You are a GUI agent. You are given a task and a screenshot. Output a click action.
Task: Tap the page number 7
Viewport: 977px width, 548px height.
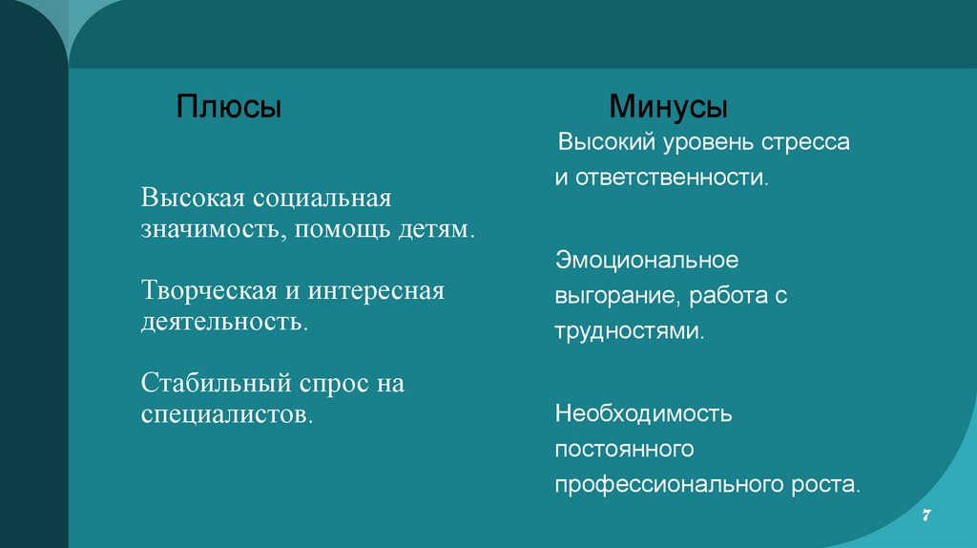[x=925, y=516]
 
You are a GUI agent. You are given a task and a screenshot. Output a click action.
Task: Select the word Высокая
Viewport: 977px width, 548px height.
[x=194, y=199]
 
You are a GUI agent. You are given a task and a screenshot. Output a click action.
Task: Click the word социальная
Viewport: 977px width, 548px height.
[x=322, y=199]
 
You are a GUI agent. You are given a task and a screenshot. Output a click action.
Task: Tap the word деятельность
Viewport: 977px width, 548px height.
[x=225, y=320]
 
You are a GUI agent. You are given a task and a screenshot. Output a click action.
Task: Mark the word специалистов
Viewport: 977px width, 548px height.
[x=227, y=414]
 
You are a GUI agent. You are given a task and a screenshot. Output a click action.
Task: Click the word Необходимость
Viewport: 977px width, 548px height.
[x=643, y=414]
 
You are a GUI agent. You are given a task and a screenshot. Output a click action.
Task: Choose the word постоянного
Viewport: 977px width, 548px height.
[x=623, y=449]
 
